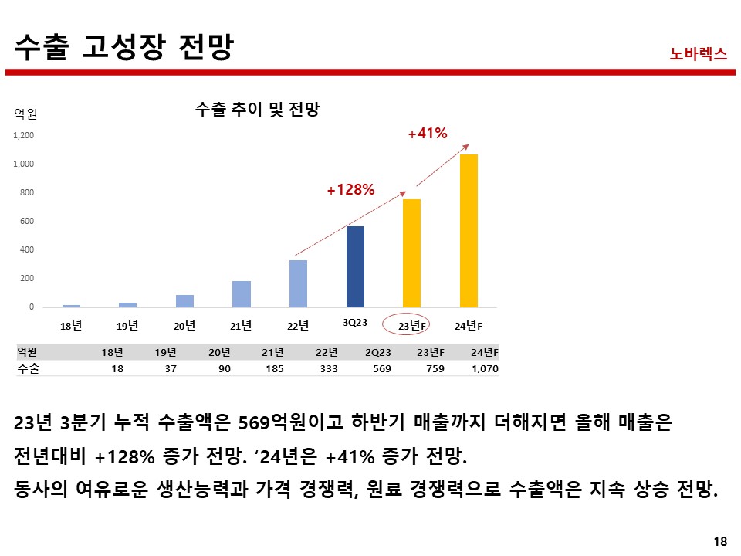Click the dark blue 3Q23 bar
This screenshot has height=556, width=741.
pyautogui.click(x=355, y=266)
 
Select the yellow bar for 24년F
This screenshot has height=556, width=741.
pyautogui.click(x=469, y=231)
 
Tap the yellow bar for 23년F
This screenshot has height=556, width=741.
pyautogui.click(x=411, y=253)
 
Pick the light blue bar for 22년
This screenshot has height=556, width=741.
pyautogui.click(x=298, y=283)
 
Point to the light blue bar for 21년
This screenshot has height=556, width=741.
pyautogui.click(x=242, y=294)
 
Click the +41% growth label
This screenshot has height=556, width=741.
pyautogui.click(x=428, y=134)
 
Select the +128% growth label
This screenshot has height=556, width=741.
pyautogui.click(x=350, y=189)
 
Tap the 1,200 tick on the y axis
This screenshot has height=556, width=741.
pyautogui.click(x=23, y=136)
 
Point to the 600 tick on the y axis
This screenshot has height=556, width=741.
pyautogui.click(x=27, y=222)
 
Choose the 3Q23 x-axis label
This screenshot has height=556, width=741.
pyautogui.click(x=354, y=322)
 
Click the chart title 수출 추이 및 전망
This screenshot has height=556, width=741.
pyautogui.click(x=257, y=110)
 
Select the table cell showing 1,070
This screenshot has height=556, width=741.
pyautogui.click(x=485, y=369)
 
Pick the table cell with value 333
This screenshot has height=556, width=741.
pyautogui.click(x=328, y=369)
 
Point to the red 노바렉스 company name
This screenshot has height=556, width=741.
pyautogui.click(x=699, y=53)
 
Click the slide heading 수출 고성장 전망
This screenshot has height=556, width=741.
pyautogui.click(x=124, y=48)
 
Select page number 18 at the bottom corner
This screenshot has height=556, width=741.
pyautogui.click(x=720, y=541)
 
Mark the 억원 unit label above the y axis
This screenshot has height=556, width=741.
pyautogui.click(x=25, y=115)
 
